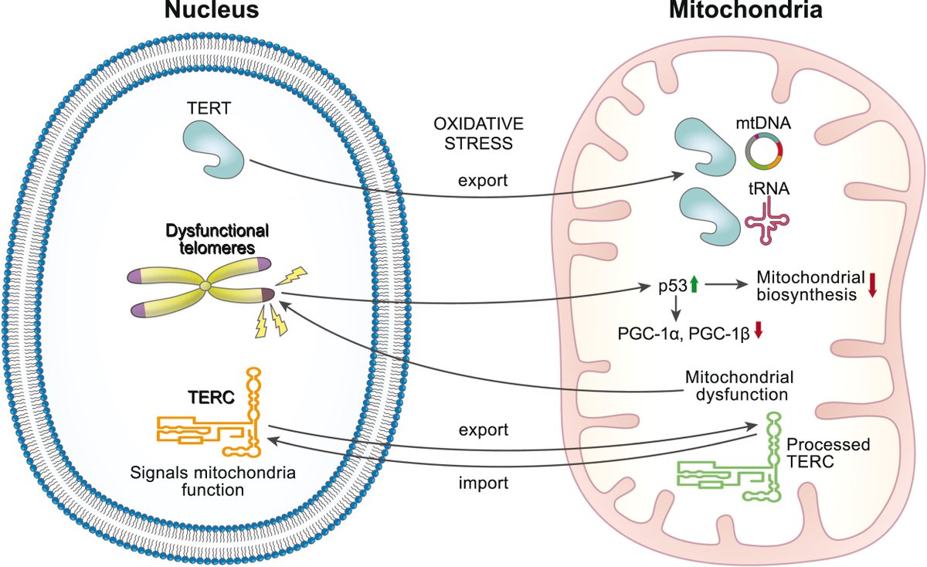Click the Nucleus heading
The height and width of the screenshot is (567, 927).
click(x=212, y=9)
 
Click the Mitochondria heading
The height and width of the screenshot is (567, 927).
click(x=745, y=9)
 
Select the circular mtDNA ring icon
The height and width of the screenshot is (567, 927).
click(x=764, y=151)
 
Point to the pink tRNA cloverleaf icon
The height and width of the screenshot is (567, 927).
click(x=767, y=221)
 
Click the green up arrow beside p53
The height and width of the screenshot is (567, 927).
click(x=694, y=285)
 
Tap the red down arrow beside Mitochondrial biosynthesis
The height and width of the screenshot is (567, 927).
click(x=872, y=285)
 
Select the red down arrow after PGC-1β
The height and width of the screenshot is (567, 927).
click(x=758, y=330)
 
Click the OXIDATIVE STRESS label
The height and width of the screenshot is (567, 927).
click(x=478, y=134)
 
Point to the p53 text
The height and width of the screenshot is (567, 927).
click(x=673, y=286)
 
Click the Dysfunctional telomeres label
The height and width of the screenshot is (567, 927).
click(x=217, y=239)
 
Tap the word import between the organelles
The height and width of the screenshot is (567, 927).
click(x=484, y=483)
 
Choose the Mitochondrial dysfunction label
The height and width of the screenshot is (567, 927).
click(x=739, y=385)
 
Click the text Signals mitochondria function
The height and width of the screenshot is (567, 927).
click(x=212, y=481)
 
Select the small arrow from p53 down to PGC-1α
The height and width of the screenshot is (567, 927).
click(x=675, y=309)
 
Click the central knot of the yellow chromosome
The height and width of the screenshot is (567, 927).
click(x=205, y=286)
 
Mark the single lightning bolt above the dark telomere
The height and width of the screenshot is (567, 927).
click(x=292, y=275)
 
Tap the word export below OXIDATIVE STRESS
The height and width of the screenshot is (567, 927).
click(x=483, y=181)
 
